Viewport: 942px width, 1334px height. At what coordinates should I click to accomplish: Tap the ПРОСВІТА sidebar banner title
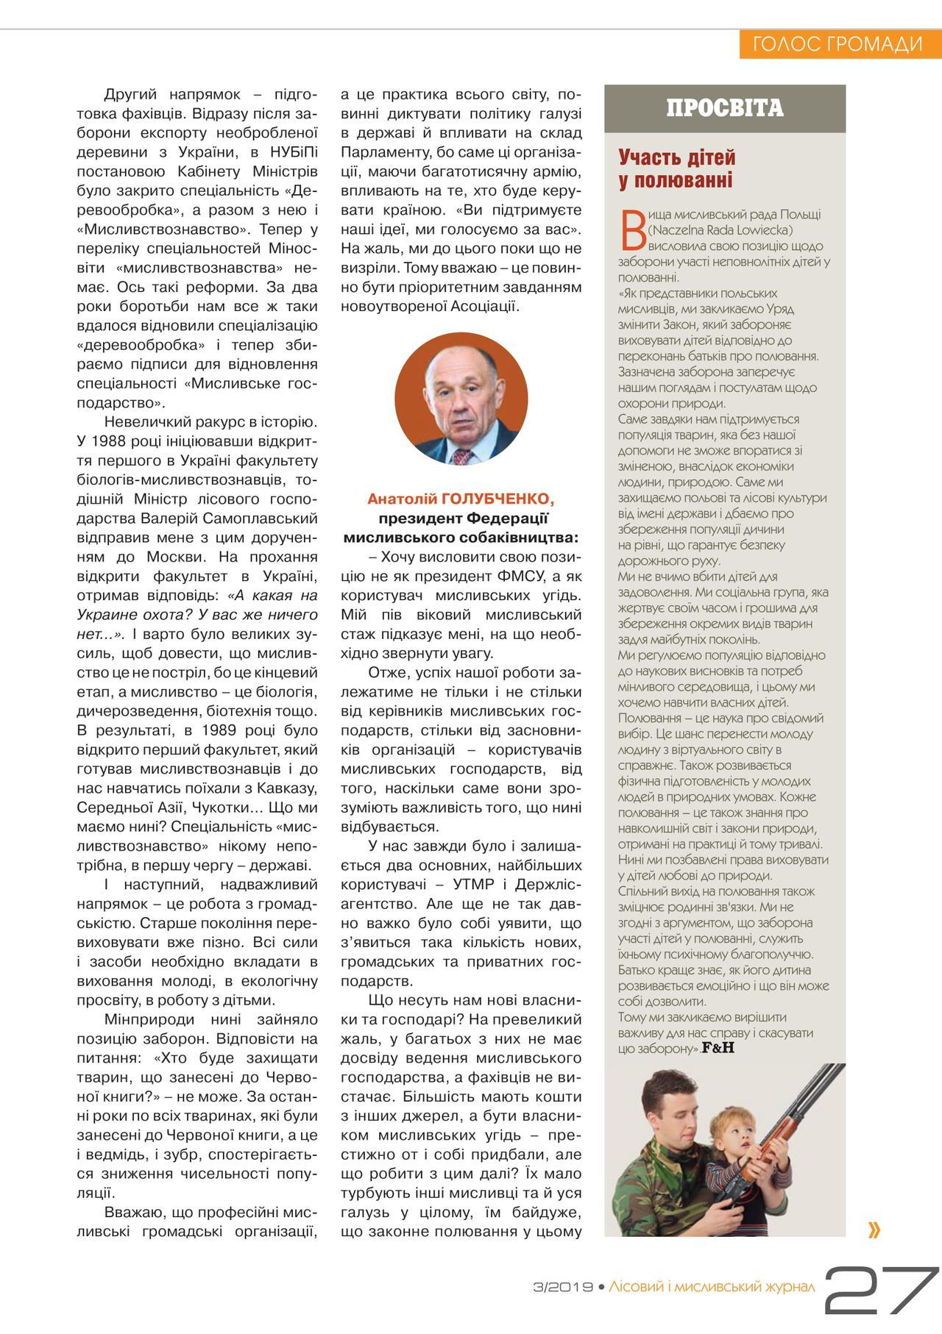point(725,108)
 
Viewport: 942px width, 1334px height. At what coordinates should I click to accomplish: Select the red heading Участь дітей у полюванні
point(676,169)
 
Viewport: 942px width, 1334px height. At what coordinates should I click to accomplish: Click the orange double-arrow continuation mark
point(874,1230)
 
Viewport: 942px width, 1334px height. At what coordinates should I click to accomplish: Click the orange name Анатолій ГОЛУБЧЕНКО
point(461,499)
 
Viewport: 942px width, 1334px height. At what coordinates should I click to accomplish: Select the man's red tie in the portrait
point(462,456)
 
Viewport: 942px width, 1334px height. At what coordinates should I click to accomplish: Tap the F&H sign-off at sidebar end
point(718,1048)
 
